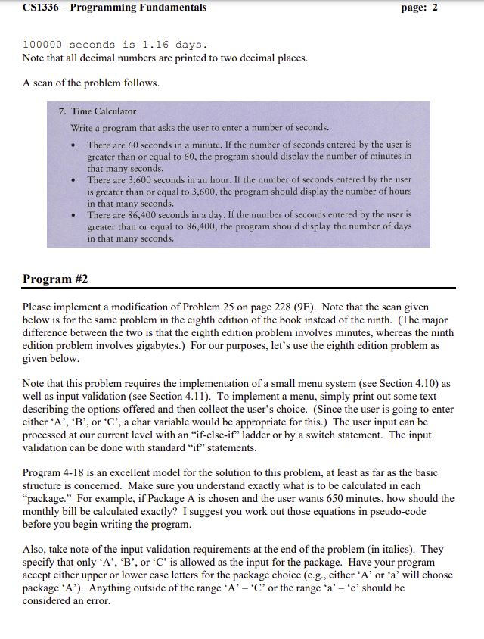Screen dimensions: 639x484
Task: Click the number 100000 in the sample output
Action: (42, 45)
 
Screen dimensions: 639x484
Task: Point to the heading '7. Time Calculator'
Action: (98, 111)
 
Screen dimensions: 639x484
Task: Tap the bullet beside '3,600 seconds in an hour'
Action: (73, 180)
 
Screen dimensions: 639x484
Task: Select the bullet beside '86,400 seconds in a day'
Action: (73, 216)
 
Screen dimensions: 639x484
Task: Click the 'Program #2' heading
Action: (55, 279)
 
